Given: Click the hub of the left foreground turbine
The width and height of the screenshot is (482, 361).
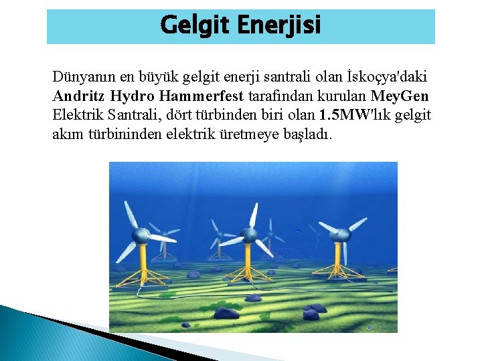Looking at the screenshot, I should coord(141,235).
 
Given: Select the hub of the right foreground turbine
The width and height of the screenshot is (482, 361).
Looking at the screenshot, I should coord(342,235).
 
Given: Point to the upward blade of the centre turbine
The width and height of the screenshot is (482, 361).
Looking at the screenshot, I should coord(254,215).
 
